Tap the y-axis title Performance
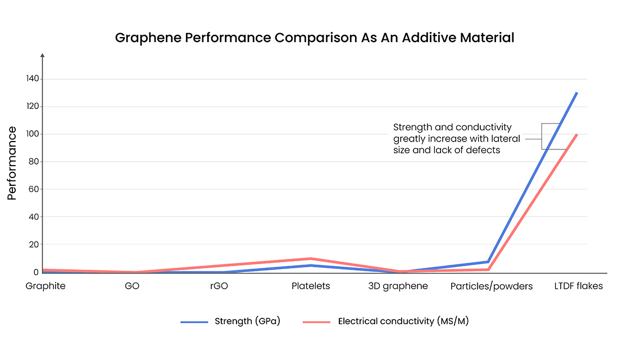(12, 163)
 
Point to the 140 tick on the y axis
(31, 79)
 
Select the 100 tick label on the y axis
(31, 134)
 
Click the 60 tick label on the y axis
(33, 189)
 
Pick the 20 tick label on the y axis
(33, 244)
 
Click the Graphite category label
(46, 286)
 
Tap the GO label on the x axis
(132, 286)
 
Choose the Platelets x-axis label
(311, 286)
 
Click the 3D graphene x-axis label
(398, 286)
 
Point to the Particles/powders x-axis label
(492, 286)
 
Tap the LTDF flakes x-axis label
(578, 286)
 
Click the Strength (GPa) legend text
(247, 322)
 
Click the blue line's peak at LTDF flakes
(577, 93)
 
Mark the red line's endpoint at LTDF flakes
(577, 134)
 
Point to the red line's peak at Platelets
(311, 259)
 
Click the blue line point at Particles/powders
(488, 262)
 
